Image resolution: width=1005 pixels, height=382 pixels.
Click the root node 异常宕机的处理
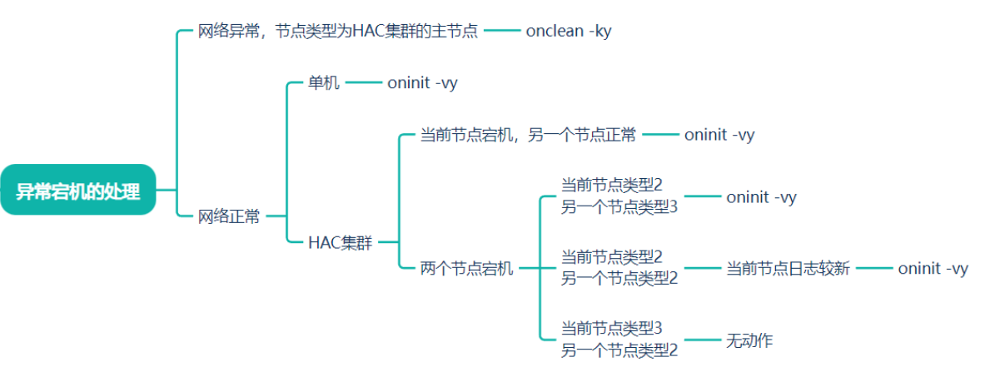(78, 191)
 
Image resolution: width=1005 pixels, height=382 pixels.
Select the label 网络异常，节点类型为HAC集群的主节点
(337, 32)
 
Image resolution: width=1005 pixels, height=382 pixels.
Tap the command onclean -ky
(569, 32)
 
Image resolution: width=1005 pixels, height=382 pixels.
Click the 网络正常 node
(229, 216)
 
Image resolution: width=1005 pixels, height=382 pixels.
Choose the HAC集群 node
(341, 242)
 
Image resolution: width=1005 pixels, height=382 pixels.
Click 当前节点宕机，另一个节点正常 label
(528, 135)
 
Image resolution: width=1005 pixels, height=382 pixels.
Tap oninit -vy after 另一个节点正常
(719, 135)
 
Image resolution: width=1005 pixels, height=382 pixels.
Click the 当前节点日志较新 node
(788, 268)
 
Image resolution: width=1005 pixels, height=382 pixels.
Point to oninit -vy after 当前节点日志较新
(933, 268)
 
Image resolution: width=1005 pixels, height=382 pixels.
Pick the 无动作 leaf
(749, 340)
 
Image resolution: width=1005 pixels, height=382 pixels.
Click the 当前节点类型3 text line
(611, 328)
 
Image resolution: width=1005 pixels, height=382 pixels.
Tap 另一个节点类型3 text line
(619, 207)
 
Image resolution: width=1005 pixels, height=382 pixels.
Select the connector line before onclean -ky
(501, 32)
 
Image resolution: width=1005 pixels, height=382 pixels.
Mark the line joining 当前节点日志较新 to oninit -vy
(873, 268)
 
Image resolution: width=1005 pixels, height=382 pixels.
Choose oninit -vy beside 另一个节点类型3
(761, 197)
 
